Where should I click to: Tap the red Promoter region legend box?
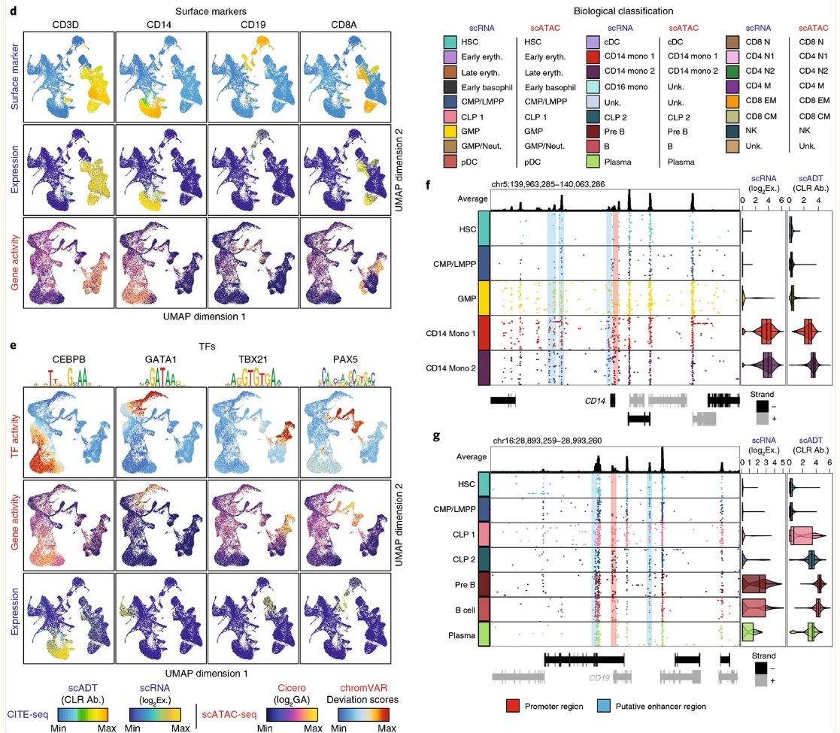514,706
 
